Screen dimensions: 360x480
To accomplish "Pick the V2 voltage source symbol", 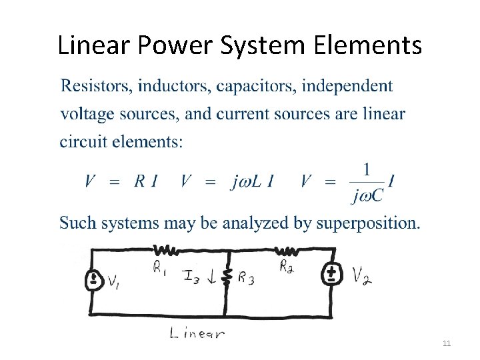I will coord(331,275).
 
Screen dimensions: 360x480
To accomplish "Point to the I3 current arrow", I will coord(211,279).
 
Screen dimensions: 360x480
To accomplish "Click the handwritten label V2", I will coord(362,275).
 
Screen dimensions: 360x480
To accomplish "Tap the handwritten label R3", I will coord(246,279).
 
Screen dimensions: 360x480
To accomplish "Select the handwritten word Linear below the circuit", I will coord(197,333).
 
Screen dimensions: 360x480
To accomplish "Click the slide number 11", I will coord(447,343).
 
